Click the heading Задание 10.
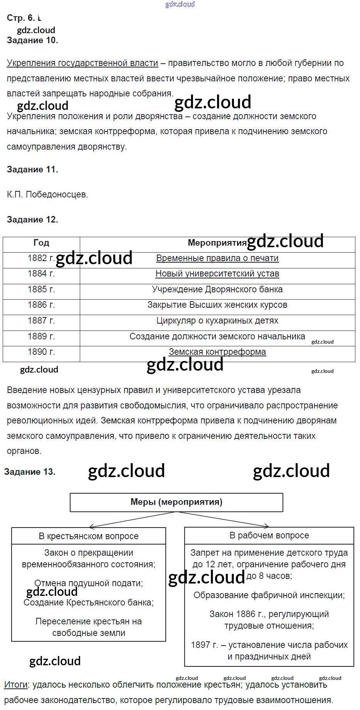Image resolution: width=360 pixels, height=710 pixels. tap(32, 40)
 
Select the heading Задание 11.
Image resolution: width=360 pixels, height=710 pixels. tap(32, 170)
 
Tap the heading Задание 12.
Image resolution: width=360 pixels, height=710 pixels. tap(32, 220)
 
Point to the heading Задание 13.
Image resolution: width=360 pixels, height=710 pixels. tap(30, 472)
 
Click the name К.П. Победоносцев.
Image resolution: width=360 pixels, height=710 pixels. tap(47, 195)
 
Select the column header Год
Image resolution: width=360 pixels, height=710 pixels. tap(41, 243)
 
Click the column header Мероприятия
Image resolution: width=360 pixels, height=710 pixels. tap(217, 243)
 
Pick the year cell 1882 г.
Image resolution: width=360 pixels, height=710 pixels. tap(41, 258)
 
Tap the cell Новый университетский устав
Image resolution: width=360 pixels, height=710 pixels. tap(217, 274)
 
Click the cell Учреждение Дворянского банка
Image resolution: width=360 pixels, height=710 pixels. tap(217, 290)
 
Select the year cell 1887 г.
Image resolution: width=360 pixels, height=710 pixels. tap(41, 321)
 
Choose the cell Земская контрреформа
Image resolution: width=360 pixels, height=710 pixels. tap(217, 352)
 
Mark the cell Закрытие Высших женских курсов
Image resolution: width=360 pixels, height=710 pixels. tap(217, 305)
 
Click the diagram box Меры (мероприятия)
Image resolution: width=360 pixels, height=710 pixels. tap(177, 502)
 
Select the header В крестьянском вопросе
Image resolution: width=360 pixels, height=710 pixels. tap(89, 536)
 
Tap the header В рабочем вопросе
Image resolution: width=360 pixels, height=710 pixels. tap(269, 536)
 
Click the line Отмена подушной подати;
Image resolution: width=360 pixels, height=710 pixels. tap(89, 584)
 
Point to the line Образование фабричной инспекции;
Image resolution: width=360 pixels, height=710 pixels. tap(269, 595)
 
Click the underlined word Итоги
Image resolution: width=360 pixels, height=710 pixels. tap(16, 685)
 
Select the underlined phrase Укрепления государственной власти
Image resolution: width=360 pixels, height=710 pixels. tap(82, 63)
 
